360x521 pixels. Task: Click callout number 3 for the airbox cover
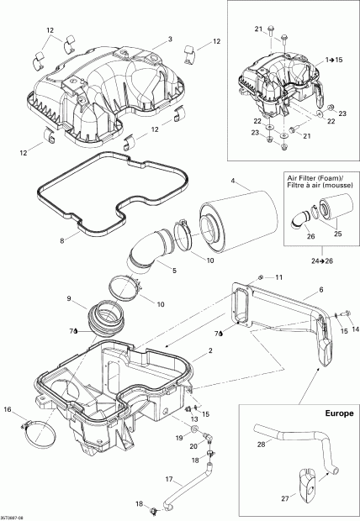pyautogui.click(x=170, y=39)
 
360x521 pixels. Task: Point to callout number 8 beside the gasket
pyautogui.click(x=62, y=240)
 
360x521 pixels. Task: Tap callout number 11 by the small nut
pyautogui.click(x=279, y=276)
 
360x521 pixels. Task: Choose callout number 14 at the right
pyautogui.click(x=353, y=329)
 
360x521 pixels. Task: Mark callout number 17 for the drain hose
pyautogui.click(x=145, y=479)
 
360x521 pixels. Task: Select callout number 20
pyautogui.click(x=193, y=446)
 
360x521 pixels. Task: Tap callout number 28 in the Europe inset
pyautogui.click(x=260, y=444)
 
